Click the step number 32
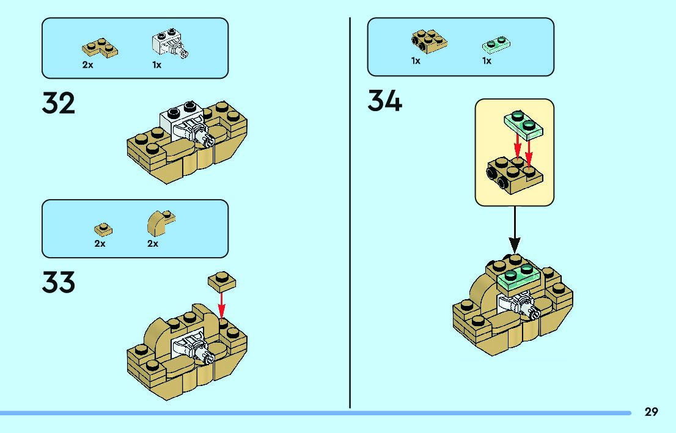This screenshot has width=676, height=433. (59, 104)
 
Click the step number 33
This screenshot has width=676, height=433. (59, 282)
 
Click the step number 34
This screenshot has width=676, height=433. (384, 101)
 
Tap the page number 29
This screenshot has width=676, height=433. (651, 412)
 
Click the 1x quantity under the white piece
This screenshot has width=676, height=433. (157, 65)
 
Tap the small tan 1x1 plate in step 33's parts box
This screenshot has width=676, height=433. (103, 229)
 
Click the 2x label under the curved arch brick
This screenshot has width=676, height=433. (153, 244)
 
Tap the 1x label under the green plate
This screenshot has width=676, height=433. (487, 61)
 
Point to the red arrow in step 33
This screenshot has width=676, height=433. (222, 302)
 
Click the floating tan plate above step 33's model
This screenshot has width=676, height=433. (222, 280)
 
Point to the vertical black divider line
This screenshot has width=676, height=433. (350, 214)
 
